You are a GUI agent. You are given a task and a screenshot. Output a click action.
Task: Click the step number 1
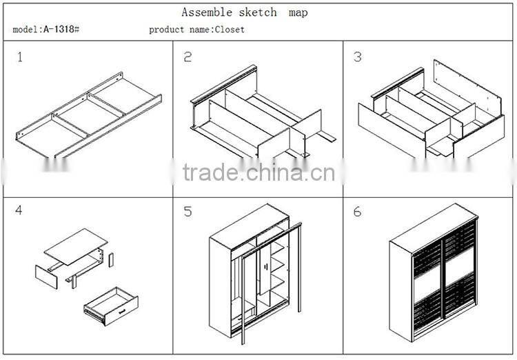coord(20,57)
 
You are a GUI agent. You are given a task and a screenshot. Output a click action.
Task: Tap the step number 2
coord(187,57)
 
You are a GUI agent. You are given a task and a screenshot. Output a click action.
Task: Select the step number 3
coord(357,57)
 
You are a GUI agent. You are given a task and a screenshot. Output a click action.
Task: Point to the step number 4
coord(19,210)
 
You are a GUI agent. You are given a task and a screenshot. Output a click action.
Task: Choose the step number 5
coord(187,212)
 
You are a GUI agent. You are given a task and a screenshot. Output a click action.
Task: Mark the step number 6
coord(357,212)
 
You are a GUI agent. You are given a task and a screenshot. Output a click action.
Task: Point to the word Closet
coord(230,30)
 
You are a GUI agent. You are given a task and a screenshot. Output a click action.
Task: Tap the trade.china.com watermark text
coord(258,172)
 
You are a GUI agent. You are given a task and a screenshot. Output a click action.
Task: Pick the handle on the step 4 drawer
coord(121,312)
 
